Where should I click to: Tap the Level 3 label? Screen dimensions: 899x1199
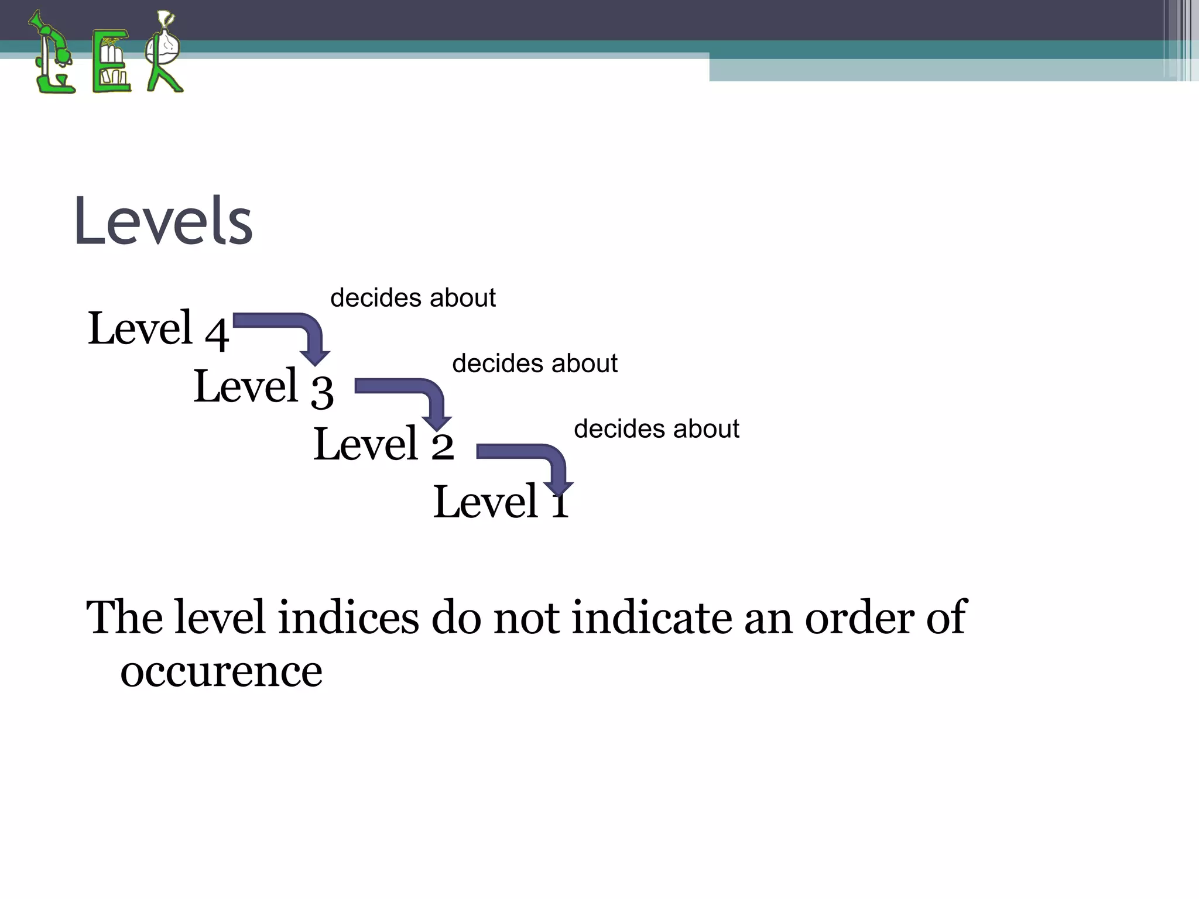point(263,387)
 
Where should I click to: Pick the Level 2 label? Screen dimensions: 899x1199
point(383,444)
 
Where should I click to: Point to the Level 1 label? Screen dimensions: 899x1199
point(501,502)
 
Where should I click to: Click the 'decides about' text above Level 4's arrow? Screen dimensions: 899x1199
point(413,298)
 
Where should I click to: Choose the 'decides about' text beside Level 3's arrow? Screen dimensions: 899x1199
point(535,363)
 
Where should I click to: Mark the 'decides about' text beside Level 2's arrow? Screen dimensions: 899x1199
point(656,429)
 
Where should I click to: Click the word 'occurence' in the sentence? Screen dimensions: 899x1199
point(221,671)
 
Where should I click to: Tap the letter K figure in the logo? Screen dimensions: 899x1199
point(164,53)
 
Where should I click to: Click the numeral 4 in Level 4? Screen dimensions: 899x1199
point(217,334)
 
